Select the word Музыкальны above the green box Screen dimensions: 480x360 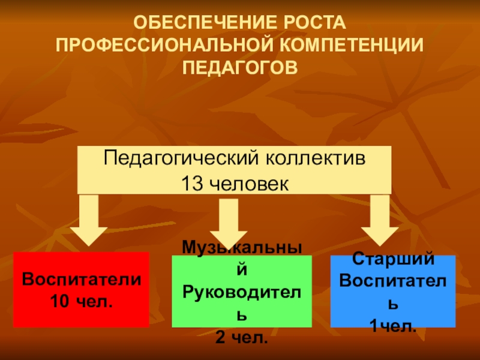[x=241, y=247]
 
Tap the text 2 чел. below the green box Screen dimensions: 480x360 [x=241, y=337]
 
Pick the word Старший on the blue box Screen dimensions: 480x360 [x=392, y=260]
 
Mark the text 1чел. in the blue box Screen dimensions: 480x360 [x=392, y=327]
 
